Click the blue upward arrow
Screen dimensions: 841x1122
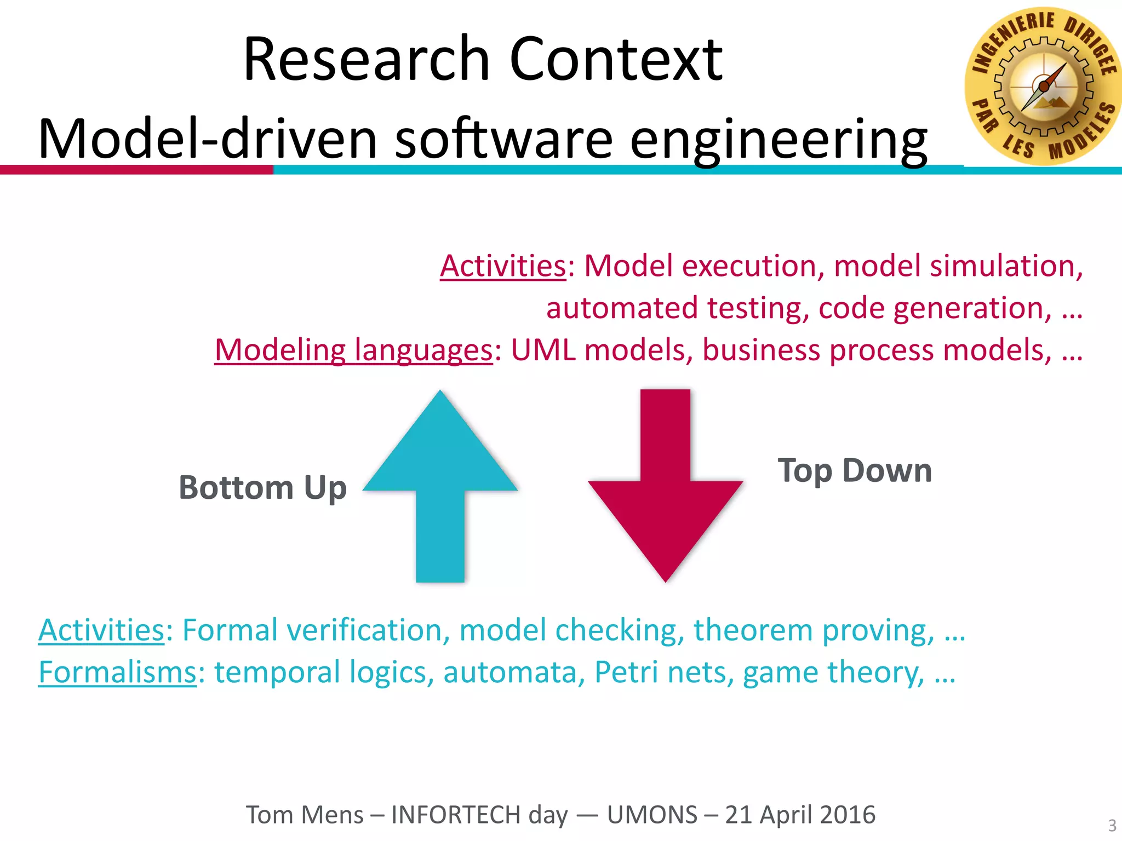click(440, 493)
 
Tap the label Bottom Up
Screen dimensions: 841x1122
click(262, 487)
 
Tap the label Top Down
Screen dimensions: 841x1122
click(855, 470)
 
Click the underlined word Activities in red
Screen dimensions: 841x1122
click(502, 266)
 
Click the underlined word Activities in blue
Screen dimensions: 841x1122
click(101, 630)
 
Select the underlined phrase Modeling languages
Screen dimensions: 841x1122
click(353, 350)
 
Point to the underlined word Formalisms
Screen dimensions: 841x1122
click(117, 672)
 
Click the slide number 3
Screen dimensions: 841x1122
click(1112, 825)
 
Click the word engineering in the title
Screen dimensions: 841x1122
click(778, 140)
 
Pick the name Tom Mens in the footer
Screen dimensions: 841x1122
click(305, 815)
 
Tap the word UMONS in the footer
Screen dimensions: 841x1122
click(652, 815)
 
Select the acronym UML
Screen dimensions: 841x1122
click(543, 350)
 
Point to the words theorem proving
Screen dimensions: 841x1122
click(814, 630)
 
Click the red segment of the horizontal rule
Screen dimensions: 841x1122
click(137, 170)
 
